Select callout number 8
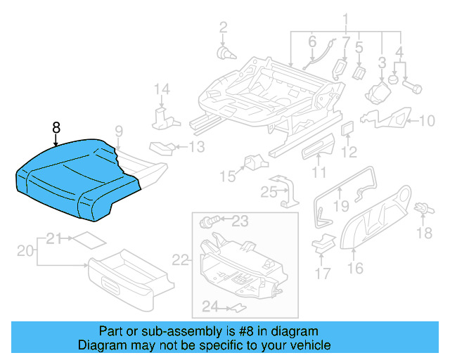click(57, 127)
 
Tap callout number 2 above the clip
click(223, 28)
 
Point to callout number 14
click(162, 89)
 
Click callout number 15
click(226, 175)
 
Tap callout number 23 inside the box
click(240, 221)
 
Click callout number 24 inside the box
click(210, 305)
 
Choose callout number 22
click(181, 260)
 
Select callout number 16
click(355, 267)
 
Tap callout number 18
click(425, 233)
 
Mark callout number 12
click(349, 151)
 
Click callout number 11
click(319, 172)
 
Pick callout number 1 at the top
click(345, 19)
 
